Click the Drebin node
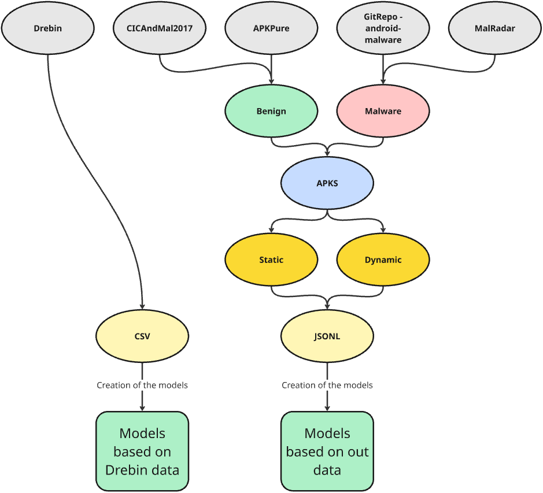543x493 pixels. [x=48, y=28]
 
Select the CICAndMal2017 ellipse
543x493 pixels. [x=160, y=28]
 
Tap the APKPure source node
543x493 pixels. [x=271, y=28]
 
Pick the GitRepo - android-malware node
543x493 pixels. [x=383, y=28]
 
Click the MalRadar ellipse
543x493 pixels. [x=494, y=28]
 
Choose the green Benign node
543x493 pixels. [x=271, y=111]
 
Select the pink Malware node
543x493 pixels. [x=383, y=111]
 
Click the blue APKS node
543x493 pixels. [x=327, y=183]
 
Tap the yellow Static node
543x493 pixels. [x=271, y=260]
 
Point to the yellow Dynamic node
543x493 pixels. [x=383, y=260]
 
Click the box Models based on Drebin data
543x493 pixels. [x=142, y=451]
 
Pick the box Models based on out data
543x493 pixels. [x=327, y=451]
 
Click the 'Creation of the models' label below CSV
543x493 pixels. [x=142, y=385]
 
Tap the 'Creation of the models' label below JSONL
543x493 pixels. [x=327, y=385]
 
